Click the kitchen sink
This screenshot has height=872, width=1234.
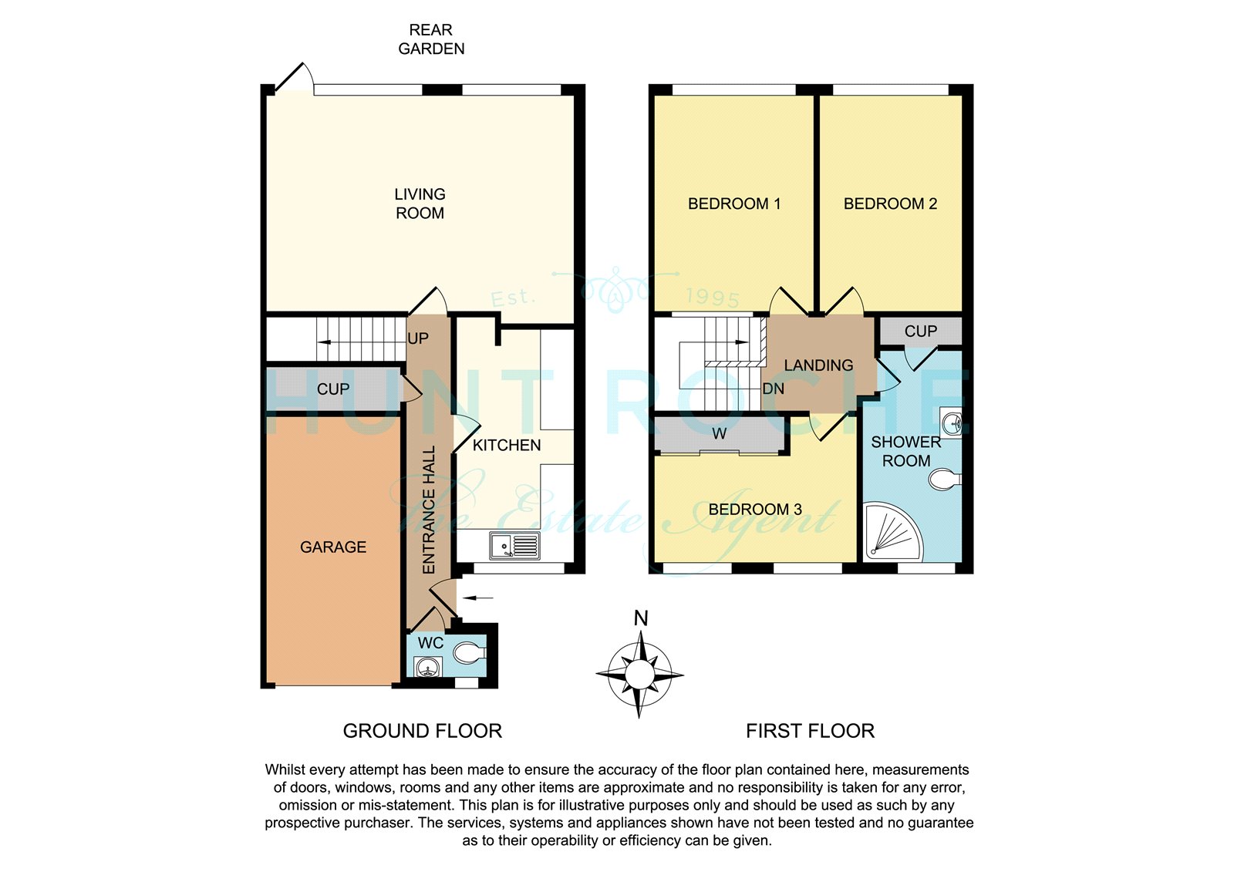514,546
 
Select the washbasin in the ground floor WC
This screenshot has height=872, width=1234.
428,667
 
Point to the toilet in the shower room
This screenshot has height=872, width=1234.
945,480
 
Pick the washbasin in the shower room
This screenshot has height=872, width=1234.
952,423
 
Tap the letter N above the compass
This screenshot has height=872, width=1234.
640,618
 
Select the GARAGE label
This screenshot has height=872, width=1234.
333,547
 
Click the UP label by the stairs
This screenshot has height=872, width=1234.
418,338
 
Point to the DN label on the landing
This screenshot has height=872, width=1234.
773,389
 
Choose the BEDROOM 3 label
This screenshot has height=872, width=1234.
755,510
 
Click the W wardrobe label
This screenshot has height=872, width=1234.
720,434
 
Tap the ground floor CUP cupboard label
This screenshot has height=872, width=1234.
333,389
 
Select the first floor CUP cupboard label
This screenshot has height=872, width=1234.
921,331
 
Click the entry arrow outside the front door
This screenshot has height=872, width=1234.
478,598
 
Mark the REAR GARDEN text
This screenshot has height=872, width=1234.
431,39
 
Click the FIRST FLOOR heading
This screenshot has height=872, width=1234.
810,731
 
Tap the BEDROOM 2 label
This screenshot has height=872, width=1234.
890,204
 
